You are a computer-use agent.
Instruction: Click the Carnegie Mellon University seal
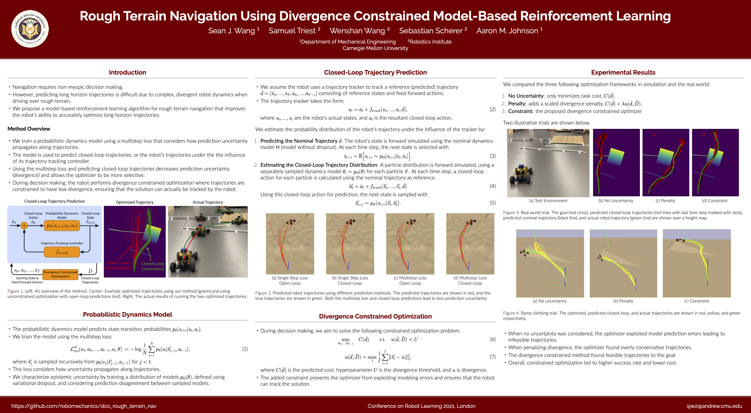pyautogui.click(x=30, y=29)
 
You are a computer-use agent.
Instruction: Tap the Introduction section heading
pyautogui.click(x=127, y=72)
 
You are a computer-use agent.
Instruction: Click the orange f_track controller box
pyautogui.click(x=62, y=252)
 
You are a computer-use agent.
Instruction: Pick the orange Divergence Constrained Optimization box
pyautogui.click(x=60, y=274)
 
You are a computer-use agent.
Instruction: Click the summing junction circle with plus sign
pyautogui.click(x=24, y=225)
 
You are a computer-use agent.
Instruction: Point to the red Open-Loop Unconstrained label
pyautogui.click(x=118, y=265)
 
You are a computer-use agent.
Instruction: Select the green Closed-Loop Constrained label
pyautogui.click(x=153, y=266)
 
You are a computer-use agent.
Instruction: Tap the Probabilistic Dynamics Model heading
pyautogui.click(x=127, y=314)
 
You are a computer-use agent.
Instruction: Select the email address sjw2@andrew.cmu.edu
pyautogui.click(x=714, y=406)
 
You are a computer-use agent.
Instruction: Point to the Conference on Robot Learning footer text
pyautogui.click(x=421, y=406)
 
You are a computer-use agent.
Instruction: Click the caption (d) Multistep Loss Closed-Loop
pyautogui.click(x=470, y=280)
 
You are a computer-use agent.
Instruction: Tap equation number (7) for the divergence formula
pyautogui.click(x=492, y=357)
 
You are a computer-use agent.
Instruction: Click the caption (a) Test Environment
pyautogui.click(x=548, y=200)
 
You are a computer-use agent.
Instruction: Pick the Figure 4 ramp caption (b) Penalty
pyautogui.click(x=623, y=301)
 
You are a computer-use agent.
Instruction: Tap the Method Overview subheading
pyautogui.click(x=29, y=129)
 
